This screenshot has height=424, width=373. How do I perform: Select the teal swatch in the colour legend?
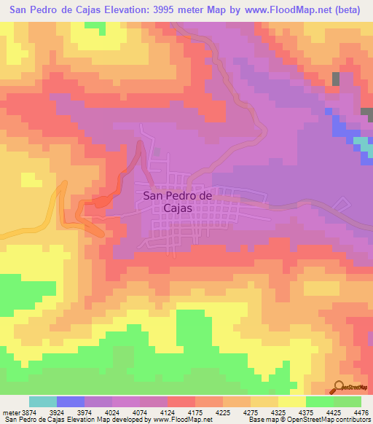[x=43, y=401]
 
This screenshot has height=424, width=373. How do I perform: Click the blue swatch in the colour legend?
[x=71, y=401]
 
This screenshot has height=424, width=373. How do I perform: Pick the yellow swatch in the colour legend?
[x=292, y=401]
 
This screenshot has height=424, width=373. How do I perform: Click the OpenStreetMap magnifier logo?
[x=340, y=386]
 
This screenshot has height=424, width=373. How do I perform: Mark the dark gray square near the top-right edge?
[x=336, y=79]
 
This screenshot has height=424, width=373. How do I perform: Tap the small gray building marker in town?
[x=157, y=152]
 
